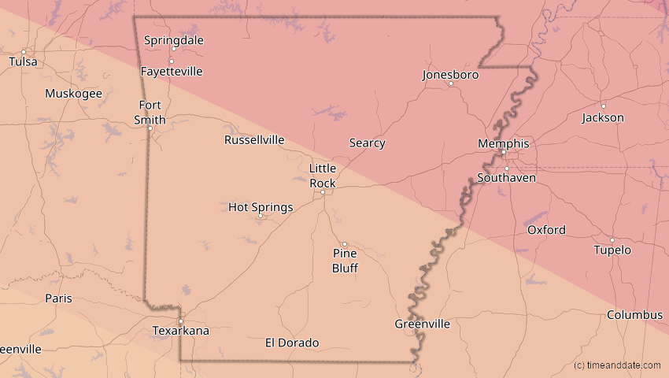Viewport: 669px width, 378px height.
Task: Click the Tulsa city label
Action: (x=23, y=61)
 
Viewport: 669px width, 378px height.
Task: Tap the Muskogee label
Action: (x=73, y=94)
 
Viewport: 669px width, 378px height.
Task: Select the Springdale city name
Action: (x=174, y=40)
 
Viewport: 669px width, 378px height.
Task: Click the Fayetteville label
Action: (x=172, y=72)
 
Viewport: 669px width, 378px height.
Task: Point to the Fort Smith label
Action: (x=152, y=113)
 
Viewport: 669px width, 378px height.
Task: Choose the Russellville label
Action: (x=254, y=140)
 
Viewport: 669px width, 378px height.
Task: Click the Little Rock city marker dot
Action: (x=322, y=191)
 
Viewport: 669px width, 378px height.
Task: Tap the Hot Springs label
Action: (x=261, y=207)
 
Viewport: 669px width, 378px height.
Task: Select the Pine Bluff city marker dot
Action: (x=344, y=244)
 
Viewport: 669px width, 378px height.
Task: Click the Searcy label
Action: (x=367, y=143)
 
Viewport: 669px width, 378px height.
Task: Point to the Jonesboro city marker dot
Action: (x=451, y=83)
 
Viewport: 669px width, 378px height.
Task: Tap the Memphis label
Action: (x=504, y=143)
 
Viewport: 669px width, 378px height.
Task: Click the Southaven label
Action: (x=507, y=179)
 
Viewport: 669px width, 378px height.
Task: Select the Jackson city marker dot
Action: (x=604, y=106)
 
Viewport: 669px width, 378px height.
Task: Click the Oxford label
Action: (x=546, y=230)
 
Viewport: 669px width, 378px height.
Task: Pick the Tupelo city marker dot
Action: (x=612, y=240)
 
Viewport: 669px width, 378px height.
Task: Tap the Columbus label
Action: (x=634, y=315)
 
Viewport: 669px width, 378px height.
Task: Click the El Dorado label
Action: (x=292, y=343)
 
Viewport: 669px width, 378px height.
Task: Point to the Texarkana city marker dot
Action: (x=180, y=321)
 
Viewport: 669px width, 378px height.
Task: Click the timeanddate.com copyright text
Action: (x=617, y=365)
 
